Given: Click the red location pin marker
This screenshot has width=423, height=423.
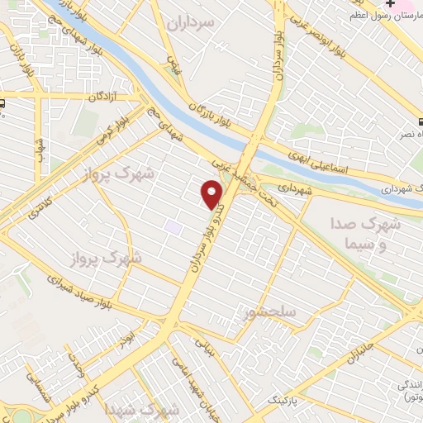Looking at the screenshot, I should pos(212,194).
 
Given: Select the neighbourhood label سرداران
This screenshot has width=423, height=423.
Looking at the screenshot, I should pos(191,22).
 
